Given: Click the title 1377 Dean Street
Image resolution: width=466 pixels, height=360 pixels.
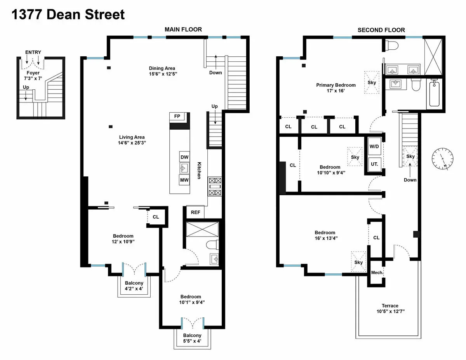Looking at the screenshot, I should [68, 14].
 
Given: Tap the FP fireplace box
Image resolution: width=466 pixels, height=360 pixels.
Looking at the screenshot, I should [177, 117].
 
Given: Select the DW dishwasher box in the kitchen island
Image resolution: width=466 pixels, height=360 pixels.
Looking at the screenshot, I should [184, 157].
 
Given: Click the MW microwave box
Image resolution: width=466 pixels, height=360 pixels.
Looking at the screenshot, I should [184, 180].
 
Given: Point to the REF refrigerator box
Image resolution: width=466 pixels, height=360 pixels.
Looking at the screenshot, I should [195, 212].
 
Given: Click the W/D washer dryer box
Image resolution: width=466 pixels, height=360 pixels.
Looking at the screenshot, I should [374, 147].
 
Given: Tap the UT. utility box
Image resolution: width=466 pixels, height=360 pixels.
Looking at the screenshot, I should [374, 164].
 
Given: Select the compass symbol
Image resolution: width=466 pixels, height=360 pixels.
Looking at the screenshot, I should [443, 159].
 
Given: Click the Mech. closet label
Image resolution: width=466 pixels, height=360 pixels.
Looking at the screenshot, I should [377, 273].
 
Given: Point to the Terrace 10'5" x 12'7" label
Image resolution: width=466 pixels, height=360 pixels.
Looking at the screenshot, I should [389, 308].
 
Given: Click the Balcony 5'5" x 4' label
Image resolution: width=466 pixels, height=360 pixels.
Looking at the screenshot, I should [192, 338].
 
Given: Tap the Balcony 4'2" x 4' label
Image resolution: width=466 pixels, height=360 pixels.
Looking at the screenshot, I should [134, 286].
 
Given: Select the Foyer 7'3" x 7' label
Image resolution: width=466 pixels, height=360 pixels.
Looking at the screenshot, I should [33, 76].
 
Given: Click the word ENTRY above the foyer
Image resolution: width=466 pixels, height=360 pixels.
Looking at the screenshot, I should [33, 52].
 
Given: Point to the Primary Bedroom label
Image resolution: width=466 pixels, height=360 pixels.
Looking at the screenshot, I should [336, 88].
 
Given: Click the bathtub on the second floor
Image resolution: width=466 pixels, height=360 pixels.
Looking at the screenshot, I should [435, 94].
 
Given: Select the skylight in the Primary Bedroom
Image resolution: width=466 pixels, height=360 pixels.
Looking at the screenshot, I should [372, 82].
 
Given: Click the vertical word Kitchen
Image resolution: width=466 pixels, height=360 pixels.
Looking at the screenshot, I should [199, 170].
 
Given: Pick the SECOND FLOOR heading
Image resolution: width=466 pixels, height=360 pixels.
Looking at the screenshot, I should [381, 30].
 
